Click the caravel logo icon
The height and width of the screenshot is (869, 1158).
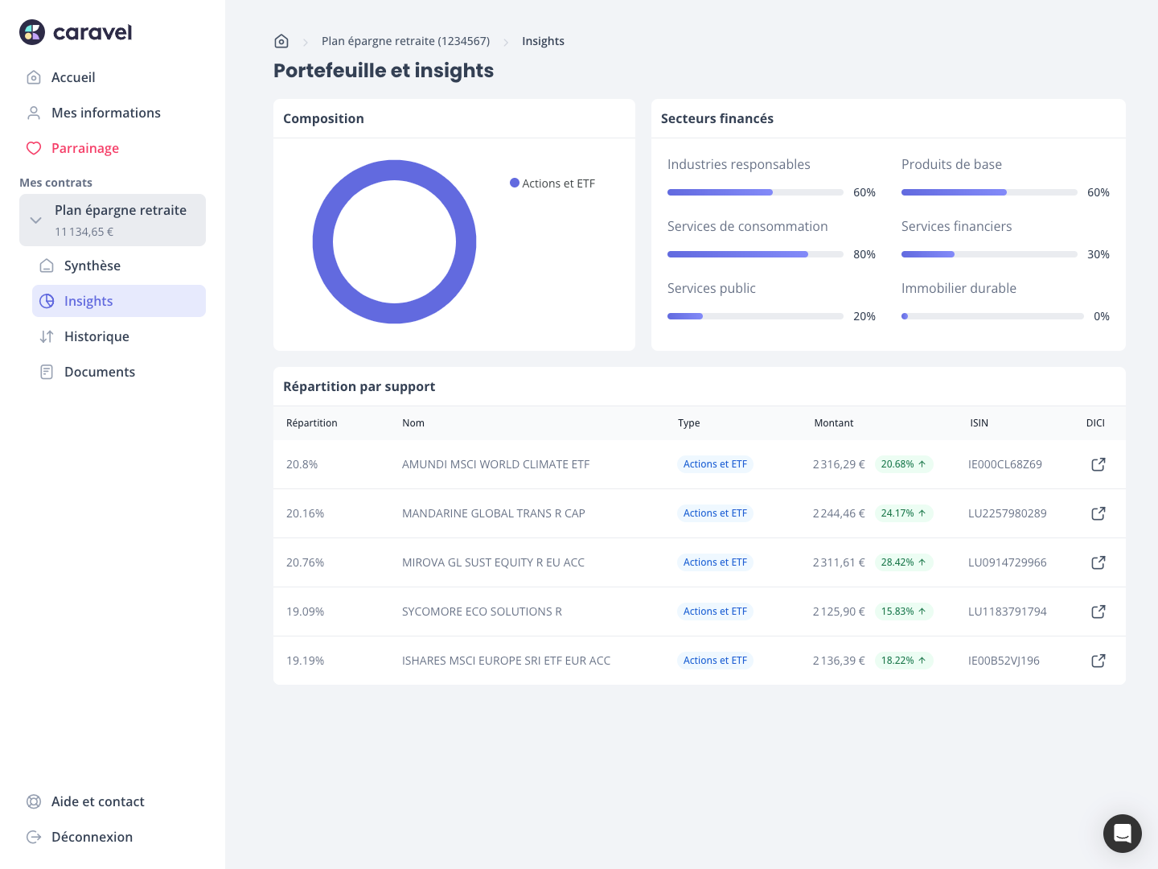tap(32, 32)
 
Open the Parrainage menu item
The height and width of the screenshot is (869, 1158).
tap(84, 148)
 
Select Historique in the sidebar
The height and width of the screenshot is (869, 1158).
tap(96, 336)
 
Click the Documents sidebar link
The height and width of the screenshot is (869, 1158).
tap(99, 372)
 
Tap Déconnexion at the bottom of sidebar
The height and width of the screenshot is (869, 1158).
tap(92, 837)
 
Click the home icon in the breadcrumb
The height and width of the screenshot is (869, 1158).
tap(281, 41)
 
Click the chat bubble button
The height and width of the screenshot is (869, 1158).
tap(1122, 833)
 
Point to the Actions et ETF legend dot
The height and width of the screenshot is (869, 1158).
tap(515, 183)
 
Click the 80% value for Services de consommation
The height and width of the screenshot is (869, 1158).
tap(864, 254)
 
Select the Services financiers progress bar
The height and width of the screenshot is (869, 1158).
tap(988, 254)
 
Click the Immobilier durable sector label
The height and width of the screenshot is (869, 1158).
tap(959, 288)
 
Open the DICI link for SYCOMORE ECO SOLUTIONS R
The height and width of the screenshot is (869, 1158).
tap(1098, 612)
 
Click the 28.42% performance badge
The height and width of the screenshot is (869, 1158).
tap(903, 562)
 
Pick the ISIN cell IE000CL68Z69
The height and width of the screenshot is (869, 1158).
tap(1004, 464)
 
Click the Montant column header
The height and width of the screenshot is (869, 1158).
tap(833, 423)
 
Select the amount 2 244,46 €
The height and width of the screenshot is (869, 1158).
tap(839, 513)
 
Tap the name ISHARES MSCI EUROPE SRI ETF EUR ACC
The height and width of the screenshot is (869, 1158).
tap(506, 661)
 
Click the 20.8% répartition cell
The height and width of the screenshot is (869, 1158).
tap(302, 464)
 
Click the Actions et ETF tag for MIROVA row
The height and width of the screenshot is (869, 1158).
tap(715, 562)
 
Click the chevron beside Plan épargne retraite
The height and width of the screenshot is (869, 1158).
tap(35, 220)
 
